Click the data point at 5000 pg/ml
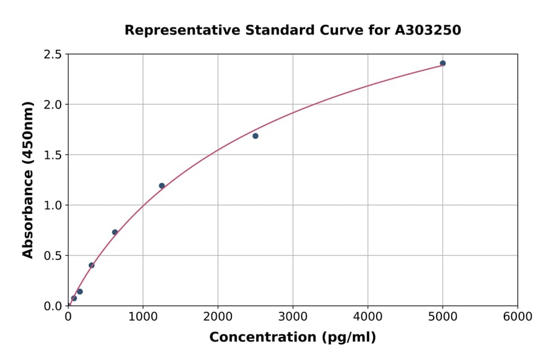443,63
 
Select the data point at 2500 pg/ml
256,136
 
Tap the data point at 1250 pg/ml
162,185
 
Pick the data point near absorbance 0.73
115,232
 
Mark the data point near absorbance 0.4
91,265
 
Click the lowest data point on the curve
74,298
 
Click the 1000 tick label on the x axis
143,317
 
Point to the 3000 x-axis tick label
293,317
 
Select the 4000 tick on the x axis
368,317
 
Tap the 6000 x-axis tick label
518,317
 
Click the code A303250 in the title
428,30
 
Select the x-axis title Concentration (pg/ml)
292,338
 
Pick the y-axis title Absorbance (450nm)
28,179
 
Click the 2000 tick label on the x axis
218,317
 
